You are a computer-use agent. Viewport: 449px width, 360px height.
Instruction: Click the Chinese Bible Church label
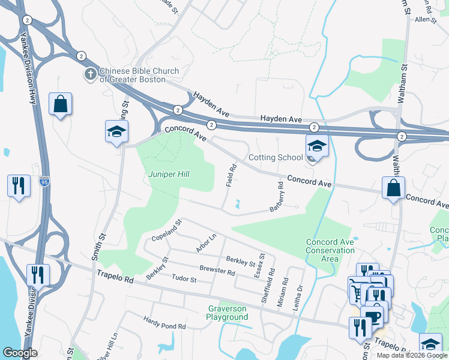(139, 75)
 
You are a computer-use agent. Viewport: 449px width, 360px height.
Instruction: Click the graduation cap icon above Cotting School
(316, 145)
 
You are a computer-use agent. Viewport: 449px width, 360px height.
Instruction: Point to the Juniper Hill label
(169, 174)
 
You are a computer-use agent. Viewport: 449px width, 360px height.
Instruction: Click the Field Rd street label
(231, 175)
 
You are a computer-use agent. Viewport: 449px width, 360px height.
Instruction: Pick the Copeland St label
(166, 230)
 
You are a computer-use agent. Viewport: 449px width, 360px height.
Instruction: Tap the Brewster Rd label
(217, 271)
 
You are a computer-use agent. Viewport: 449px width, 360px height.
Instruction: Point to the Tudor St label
(184, 280)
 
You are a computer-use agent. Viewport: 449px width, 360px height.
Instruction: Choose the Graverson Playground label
(228, 313)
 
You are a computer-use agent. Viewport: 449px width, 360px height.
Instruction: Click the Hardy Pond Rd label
(164, 323)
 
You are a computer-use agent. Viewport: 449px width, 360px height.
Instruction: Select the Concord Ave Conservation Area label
(330, 250)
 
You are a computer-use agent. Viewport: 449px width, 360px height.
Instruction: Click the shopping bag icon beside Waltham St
(393, 187)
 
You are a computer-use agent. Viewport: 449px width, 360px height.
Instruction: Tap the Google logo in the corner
(20, 353)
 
